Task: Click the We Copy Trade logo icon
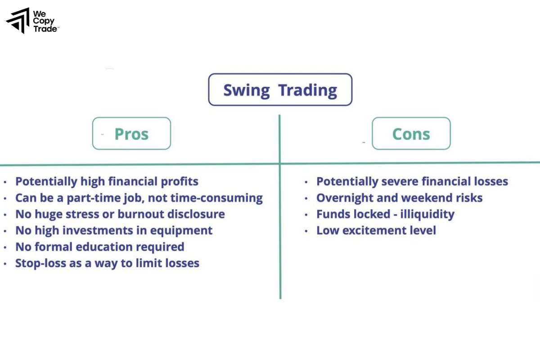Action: coord(18,21)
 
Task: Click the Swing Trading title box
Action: coord(280,90)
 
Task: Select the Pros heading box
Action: coord(131,134)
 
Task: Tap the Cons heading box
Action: coord(411,134)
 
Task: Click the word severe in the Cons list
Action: coord(401,182)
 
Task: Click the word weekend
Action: coord(428,198)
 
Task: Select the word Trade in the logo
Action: coord(45,29)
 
